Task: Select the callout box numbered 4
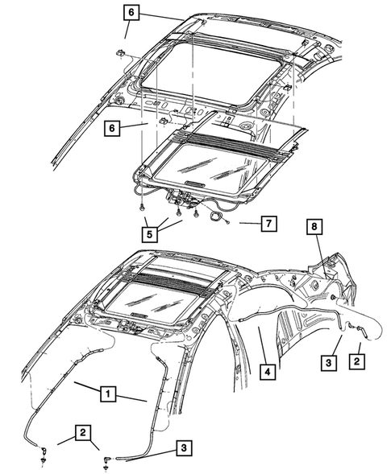pos(266,372)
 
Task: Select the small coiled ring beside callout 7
pos(217,216)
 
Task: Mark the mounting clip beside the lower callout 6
pos(161,122)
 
